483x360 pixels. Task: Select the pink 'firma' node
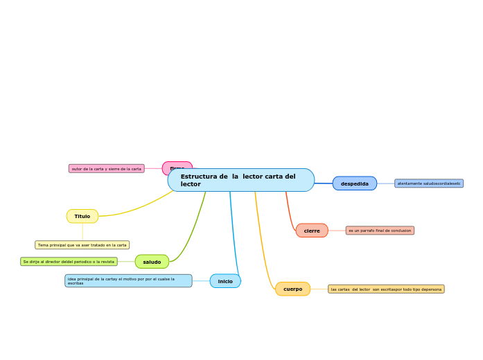point(176,167)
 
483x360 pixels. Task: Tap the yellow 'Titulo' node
point(82,216)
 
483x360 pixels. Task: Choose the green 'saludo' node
point(152,262)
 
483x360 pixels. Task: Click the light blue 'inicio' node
point(225,281)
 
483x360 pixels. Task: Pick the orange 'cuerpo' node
point(292,289)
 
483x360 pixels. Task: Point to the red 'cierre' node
point(312,231)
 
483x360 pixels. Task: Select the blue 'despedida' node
point(354,183)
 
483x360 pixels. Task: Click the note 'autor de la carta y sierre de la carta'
point(107,168)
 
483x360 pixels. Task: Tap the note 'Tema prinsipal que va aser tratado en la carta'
point(82,245)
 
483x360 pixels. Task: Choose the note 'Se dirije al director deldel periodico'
point(69,262)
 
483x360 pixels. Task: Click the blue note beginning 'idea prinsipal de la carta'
point(128,281)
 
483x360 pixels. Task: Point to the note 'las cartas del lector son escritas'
point(386,289)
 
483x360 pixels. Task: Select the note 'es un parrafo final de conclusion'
point(380,231)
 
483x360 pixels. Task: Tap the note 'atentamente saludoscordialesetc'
point(429,183)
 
